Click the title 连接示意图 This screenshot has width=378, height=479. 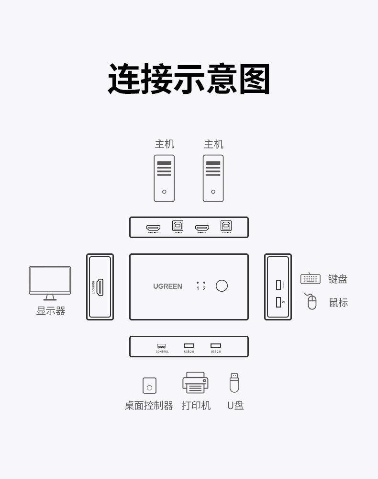click(189, 79)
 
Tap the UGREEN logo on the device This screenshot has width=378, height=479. click(167, 286)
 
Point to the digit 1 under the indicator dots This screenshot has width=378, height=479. click(198, 289)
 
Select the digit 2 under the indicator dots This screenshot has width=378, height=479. click(204, 289)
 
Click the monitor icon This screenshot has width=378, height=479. click(50, 283)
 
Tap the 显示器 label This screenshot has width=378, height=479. click(51, 311)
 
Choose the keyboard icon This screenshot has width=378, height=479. click(310, 278)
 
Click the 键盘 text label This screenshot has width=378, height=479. click(338, 279)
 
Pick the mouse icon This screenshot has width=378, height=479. click(311, 302)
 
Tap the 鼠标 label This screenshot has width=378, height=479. click(338, 303)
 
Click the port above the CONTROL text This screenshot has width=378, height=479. click(162, 346)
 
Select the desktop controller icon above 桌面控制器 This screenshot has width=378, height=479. click(149, 386)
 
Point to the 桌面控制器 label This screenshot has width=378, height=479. click(149, 406)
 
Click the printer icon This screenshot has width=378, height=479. click(195, 383)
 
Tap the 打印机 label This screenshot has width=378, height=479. click(196, 406)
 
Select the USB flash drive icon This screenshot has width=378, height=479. click(234, 383)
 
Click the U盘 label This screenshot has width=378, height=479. click(235, 406)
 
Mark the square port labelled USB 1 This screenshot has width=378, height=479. click(226, 225)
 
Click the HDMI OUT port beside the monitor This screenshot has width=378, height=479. click(100, 286)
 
